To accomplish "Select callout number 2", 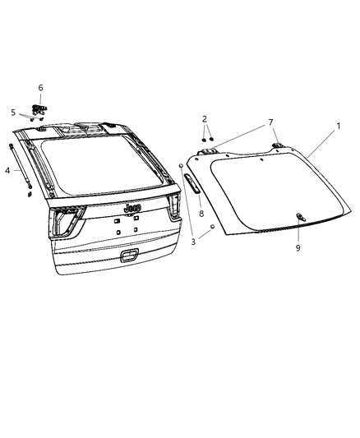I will pos(205,118).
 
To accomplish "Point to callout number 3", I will pos(192,242).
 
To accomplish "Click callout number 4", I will pos(8,170).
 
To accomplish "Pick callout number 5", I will pos(13,113).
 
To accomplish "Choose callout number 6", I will pos(40,87).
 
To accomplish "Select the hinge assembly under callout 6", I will pos(38,108).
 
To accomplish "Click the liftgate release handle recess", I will pos(127,256).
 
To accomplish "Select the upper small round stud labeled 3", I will pos(180,167).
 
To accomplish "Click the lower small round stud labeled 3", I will pos(213,225).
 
